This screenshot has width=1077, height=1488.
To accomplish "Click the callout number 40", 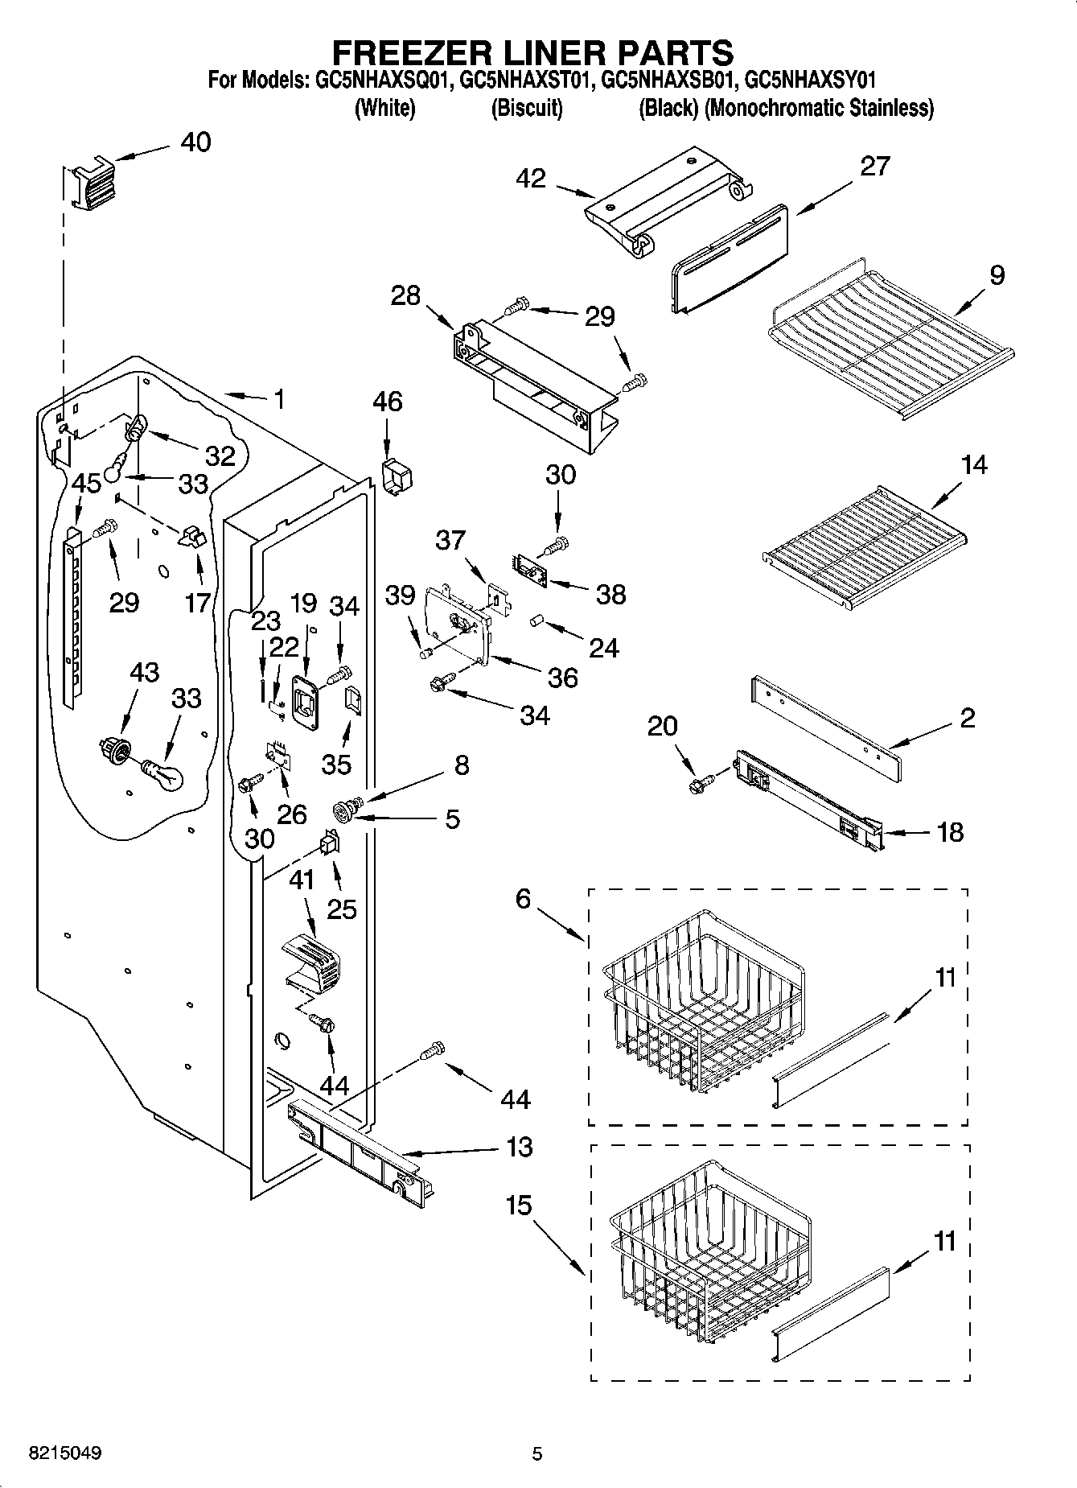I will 195,142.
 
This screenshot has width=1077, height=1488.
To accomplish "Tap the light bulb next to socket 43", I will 164,774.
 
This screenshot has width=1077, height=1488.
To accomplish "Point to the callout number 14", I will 973,465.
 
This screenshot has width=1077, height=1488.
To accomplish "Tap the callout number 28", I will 405,295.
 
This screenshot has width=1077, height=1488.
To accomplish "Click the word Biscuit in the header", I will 527,108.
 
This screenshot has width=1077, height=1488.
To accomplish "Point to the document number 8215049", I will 65,1453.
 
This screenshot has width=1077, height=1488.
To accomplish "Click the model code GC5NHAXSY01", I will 810,80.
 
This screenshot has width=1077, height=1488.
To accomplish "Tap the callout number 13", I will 520,1146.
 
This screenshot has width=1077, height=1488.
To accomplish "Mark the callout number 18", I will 950,831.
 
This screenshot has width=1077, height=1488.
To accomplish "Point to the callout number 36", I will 563,678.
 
